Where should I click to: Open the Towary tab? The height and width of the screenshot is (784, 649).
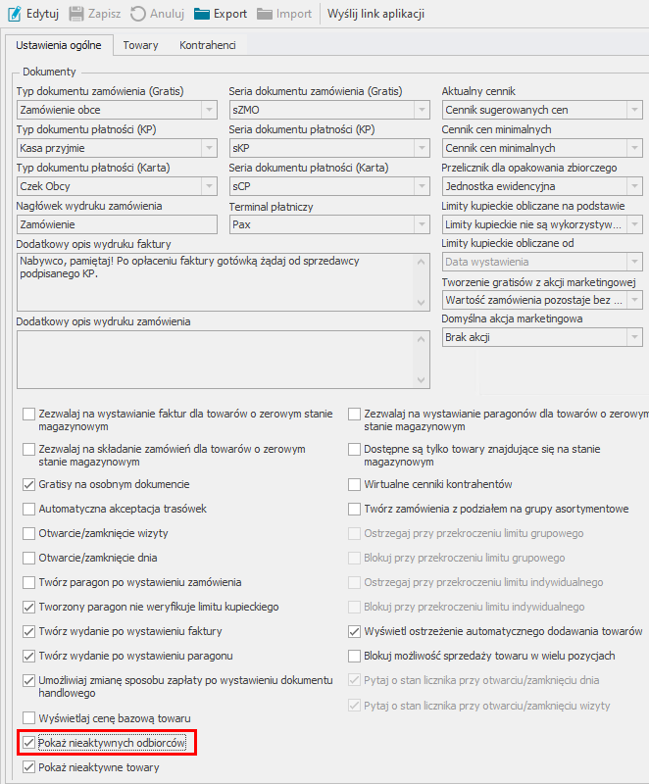[x=140, y=45]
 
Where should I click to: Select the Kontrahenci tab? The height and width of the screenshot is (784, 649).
[x=207, y=45]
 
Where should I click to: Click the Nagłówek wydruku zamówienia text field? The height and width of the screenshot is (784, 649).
[x=117, y=224]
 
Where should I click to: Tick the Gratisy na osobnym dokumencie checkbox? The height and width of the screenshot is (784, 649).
[x=29, y=484]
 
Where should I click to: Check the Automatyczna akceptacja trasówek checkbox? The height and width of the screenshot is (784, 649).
[x=29, y=509]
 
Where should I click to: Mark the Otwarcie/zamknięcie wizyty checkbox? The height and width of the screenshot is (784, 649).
[x=29, y=533]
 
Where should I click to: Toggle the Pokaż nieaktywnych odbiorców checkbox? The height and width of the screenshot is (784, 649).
[x=29, y=744]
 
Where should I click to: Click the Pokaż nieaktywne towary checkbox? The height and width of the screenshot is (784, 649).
[x=29, y=768]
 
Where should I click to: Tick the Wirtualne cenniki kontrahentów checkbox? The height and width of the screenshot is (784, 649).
[x=356, y=484]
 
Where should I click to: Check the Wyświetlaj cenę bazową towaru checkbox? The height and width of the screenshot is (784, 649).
[x=29, y=718]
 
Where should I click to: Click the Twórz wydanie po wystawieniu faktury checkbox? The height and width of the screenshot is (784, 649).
[x=29, y=631]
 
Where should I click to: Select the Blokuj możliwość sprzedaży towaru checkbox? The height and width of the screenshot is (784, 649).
[x=356, y=656]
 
